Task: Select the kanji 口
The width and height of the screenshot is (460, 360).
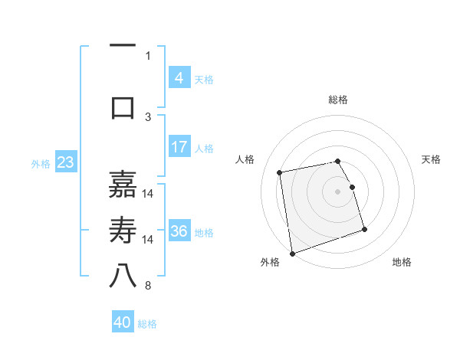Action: (x=123, y=108)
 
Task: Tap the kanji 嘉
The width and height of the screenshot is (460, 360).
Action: (x=123, y=184)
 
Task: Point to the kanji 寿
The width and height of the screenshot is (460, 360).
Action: (x=123, y=231)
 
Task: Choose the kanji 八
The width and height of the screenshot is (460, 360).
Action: (x=123, y=277)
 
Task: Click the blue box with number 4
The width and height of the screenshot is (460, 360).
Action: (x=179, y=78)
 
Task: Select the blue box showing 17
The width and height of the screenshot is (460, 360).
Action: (x=179, y=147)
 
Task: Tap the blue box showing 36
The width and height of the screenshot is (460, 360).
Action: (x=179, y=231)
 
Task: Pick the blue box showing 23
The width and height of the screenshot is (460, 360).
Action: (x=65, y=162)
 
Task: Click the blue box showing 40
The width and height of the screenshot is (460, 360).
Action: (x=123, y=322)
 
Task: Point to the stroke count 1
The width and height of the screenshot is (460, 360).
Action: (x=148, y=55)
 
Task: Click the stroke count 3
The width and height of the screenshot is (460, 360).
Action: (x=148, y=116)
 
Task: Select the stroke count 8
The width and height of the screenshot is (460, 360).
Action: (x=148, y=286)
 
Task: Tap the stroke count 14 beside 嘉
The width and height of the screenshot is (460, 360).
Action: (x=148, y=193)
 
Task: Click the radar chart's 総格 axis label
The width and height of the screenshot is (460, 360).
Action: (x=337, y=100)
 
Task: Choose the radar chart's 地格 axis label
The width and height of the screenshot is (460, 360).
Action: (x=402, y=262)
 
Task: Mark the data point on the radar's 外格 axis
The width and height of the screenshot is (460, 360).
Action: (x=292, y=253)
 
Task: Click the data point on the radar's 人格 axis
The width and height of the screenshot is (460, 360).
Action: (x=280, y=172)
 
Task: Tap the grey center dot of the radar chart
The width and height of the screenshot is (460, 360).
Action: (x=337, y=191)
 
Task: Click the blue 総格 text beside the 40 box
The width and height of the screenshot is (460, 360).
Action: (x=148, y=324)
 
